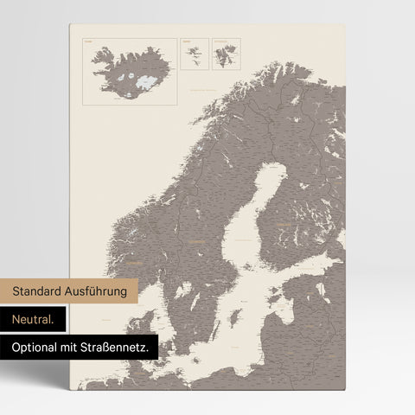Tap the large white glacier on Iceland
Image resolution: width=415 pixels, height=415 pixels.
(x=143, y=81)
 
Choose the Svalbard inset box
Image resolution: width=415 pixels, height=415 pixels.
(x=227, y=54)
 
